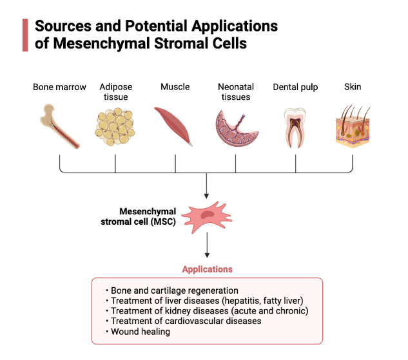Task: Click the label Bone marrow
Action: [x=59, y=87]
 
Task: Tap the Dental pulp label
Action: [x=295, y=87]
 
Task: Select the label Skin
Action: [x=354, y=87]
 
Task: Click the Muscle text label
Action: [x=175, y=87]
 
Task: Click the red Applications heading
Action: [x=207, y=269]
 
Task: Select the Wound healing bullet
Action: [x=140, y=332]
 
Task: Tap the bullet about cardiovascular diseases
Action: [x=186, y=321]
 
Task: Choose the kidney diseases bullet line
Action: [x=209, y=311]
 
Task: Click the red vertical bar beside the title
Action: [x=24, y=35]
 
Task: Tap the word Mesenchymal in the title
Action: [x=104, y=44]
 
